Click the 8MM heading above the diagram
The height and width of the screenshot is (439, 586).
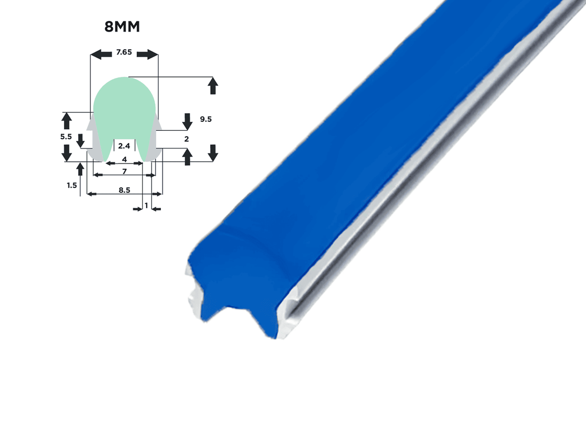tap(122, 27)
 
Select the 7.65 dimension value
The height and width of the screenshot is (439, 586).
tap(124, 52)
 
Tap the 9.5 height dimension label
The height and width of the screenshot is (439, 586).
tap(205, 119)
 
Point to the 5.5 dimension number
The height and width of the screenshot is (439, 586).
tap(66, 137)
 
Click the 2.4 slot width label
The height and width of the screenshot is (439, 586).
tap(124, 146)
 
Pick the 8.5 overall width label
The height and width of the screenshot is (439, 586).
tap(125, 190)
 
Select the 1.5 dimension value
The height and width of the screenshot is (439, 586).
tap(72, 185)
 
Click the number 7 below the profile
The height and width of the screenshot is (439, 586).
tap(125, 171)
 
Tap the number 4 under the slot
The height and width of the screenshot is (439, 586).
tap(125, 159)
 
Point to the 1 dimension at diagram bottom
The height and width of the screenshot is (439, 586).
tap(146, 205)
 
